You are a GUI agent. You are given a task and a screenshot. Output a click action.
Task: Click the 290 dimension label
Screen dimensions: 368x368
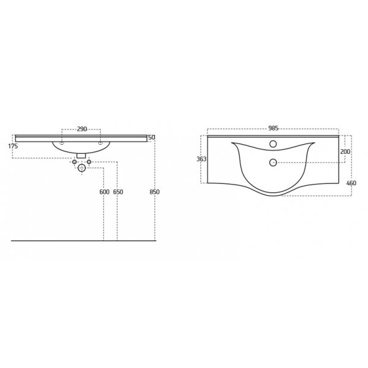82,129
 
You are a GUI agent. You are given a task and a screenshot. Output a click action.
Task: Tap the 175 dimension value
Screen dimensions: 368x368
13,146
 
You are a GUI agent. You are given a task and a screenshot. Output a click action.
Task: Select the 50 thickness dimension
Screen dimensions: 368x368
151,137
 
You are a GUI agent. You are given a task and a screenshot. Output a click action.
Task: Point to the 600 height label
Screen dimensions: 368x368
104,192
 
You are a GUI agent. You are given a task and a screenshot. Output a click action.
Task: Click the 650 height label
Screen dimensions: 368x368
118,192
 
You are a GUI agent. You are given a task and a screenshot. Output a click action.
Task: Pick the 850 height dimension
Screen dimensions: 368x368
155,192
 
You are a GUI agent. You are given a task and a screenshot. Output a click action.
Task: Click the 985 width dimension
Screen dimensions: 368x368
273,128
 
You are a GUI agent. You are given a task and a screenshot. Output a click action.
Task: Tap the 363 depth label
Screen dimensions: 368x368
201,159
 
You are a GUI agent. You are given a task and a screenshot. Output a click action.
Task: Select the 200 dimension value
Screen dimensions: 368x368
345,151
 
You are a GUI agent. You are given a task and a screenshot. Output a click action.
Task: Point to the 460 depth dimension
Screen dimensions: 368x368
351,183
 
